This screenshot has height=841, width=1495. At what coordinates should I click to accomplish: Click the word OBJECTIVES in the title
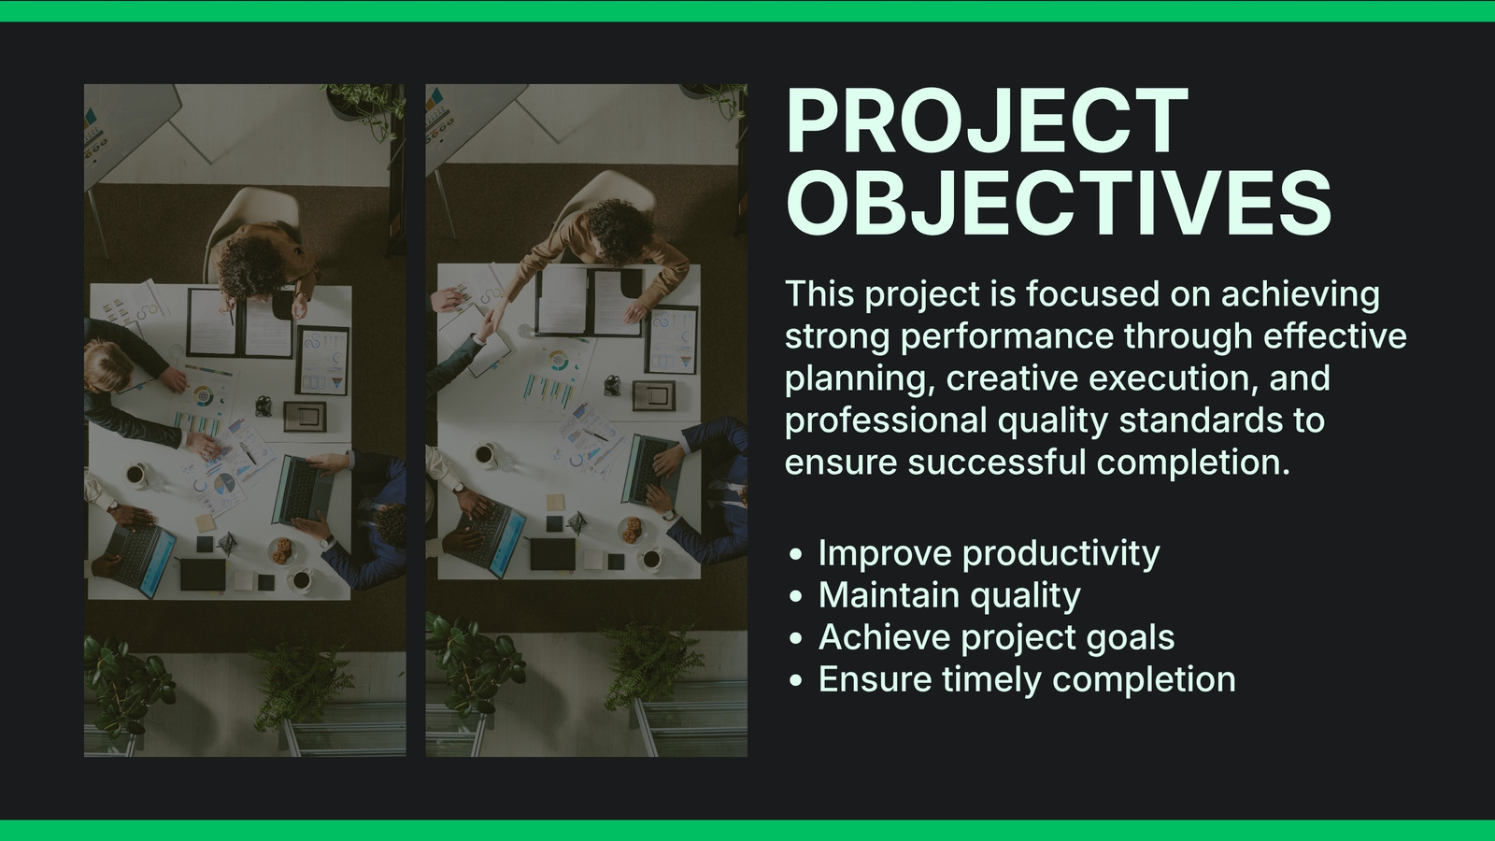point(1059,202)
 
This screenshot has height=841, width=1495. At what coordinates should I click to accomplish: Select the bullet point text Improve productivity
point(990,554)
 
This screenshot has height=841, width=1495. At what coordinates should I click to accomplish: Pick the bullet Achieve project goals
point(996,637)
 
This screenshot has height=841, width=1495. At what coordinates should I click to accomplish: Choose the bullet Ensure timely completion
point(1027,679)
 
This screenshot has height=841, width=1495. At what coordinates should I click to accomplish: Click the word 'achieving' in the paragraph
point(1300,295)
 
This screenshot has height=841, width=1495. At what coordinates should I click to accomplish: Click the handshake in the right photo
point(490,323)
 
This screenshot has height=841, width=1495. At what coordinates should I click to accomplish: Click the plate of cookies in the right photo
point(632,530)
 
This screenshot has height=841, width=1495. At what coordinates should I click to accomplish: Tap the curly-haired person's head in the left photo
point(251,267)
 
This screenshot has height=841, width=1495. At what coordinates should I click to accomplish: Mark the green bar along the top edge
point(747,10)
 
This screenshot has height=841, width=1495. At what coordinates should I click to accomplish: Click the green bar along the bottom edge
point(747,831)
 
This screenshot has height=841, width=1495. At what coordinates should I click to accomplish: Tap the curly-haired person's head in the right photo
point(619,230)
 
